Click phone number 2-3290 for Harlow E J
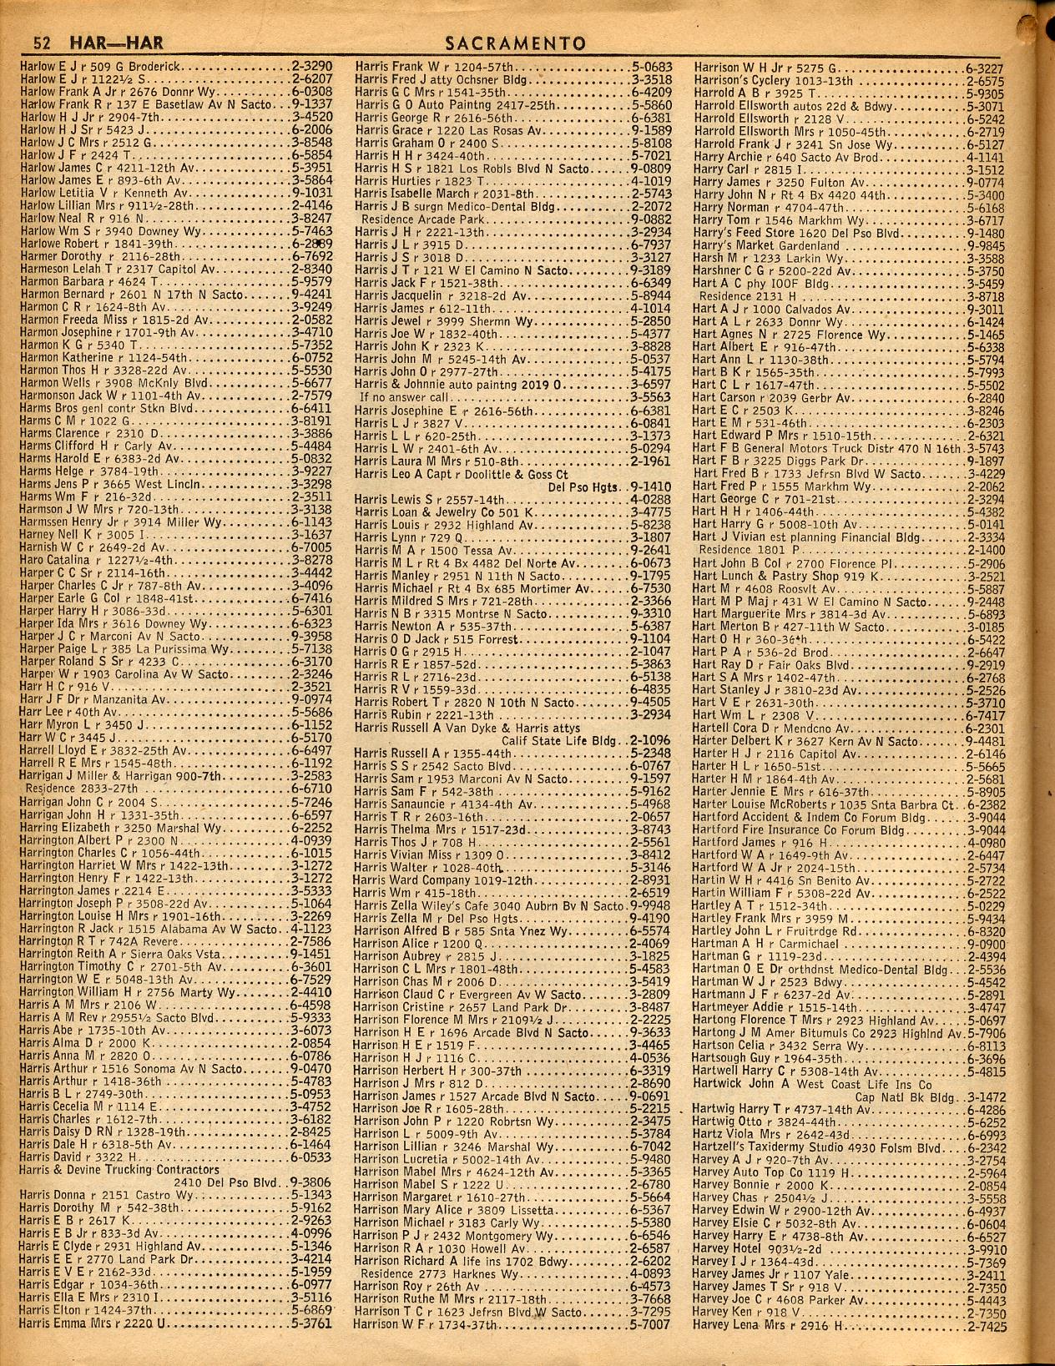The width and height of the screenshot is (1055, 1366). pos(311,64)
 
